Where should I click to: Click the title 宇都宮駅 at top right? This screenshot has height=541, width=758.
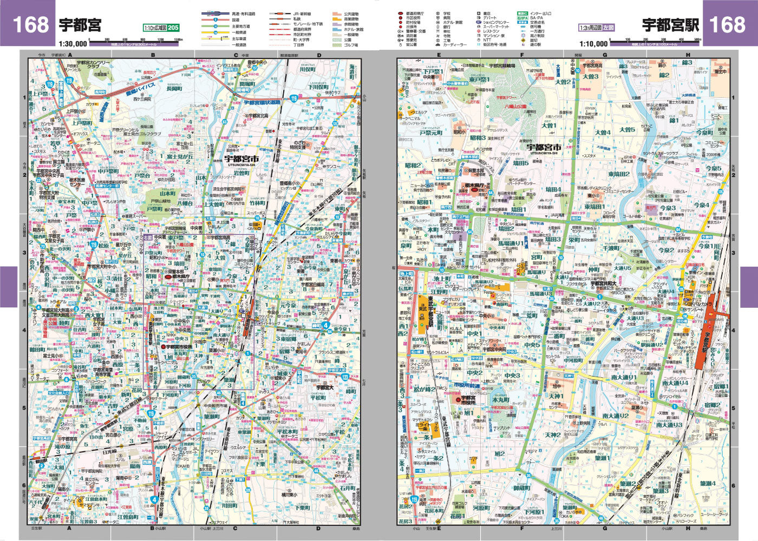(x=670, y=24)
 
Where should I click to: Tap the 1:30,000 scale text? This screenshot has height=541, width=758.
(x=73, y=44)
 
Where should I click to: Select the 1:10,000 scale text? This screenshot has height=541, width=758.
(x=593, y=44)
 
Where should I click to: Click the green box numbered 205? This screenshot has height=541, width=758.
(x=173, y=28)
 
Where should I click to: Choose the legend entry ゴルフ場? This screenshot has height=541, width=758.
(x=352, y=45)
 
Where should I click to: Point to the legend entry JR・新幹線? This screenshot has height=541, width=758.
(x=302, y=13)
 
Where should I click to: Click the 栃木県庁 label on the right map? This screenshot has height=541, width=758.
(x=477, y=185)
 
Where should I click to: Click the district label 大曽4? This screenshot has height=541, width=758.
(x=603, y=132)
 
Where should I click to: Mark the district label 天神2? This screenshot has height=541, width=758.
(x=552, y=434)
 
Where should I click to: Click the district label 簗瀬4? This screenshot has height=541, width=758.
(x=707, y=483)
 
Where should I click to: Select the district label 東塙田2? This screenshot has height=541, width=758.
(x=619, y=174)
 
